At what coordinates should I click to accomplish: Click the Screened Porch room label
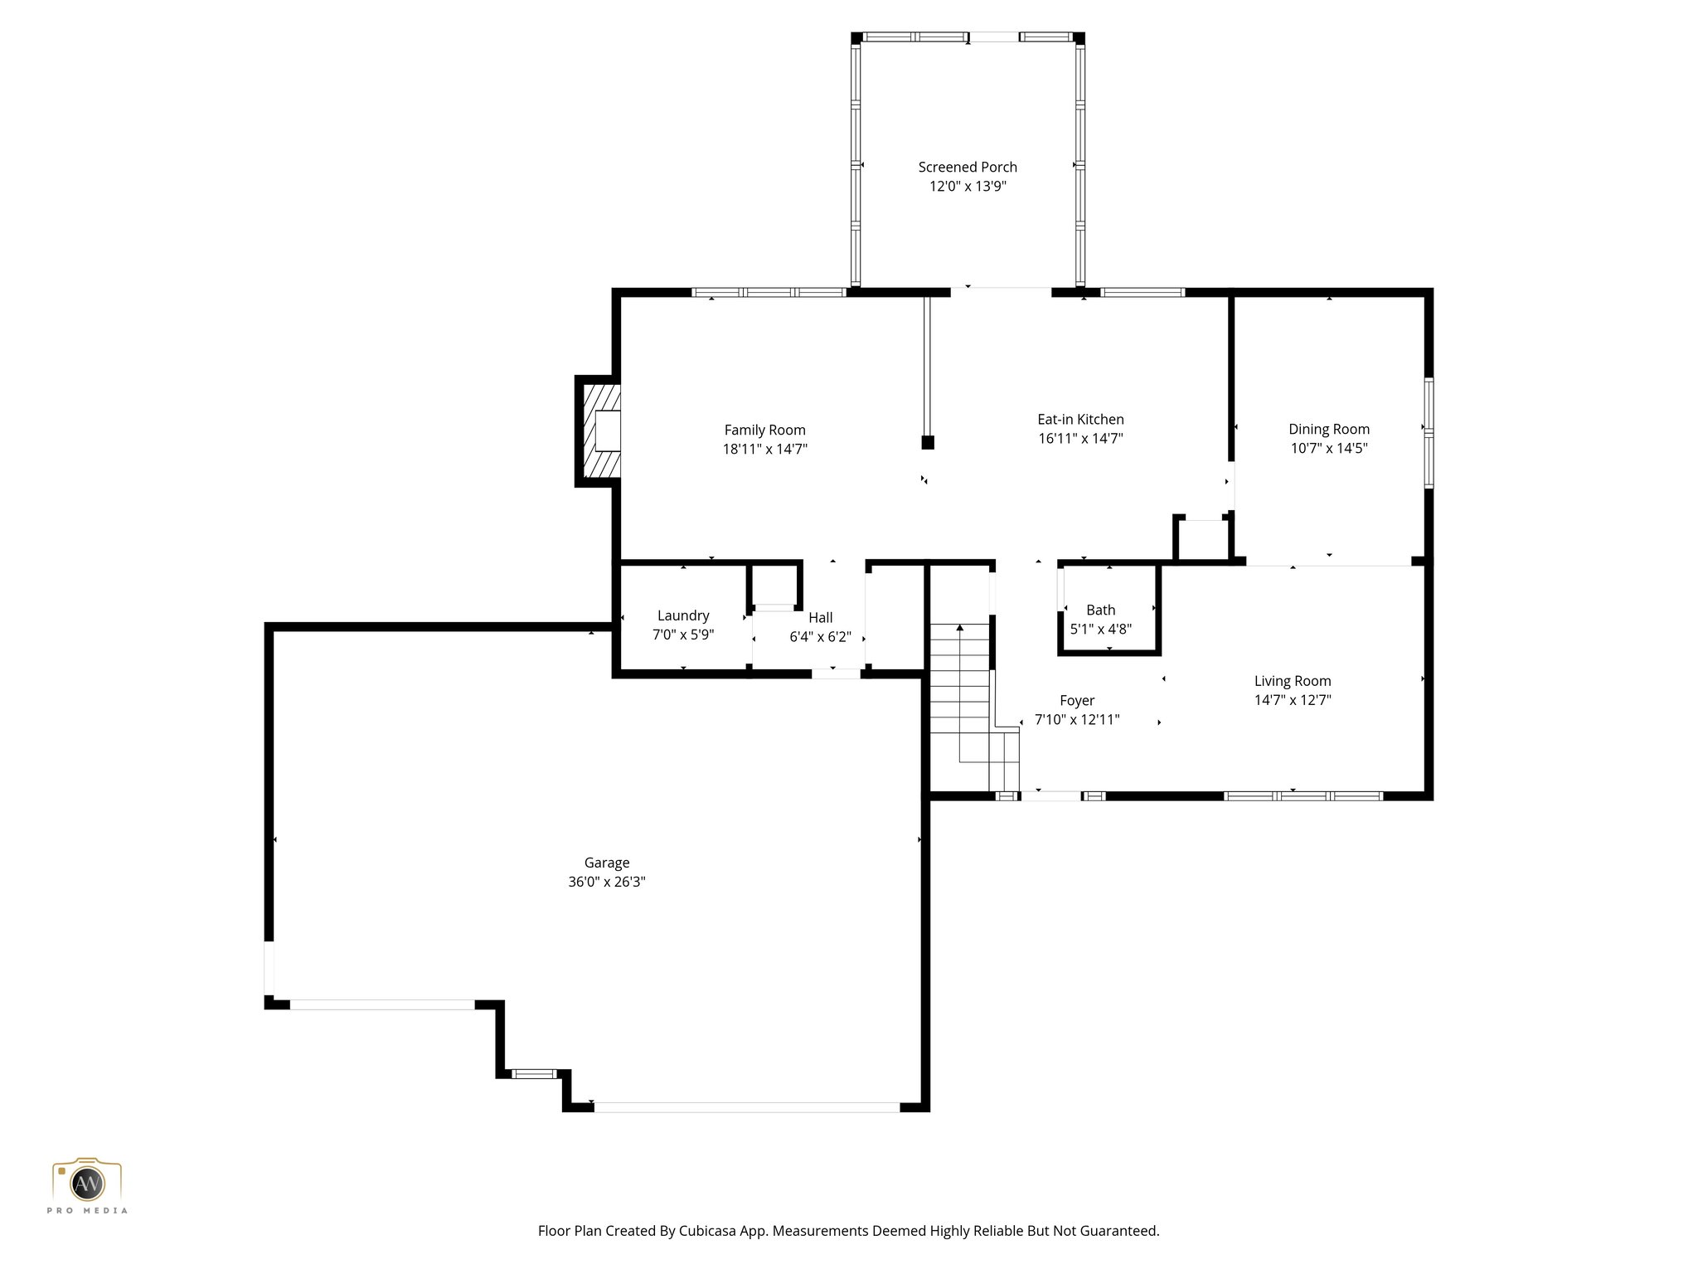click(x=967, y=167)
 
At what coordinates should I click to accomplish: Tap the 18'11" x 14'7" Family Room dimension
click(x=764, y=450)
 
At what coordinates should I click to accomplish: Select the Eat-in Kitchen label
click(x=1080, y=420)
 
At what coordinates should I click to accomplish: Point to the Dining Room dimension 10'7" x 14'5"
click(x=1328, y=449)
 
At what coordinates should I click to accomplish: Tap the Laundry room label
click(x=683, y=615)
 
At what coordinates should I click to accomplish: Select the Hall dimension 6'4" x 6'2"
click(x=820, y=637)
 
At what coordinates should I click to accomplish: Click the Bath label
click(x=1100, y=610)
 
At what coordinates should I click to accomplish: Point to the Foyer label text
click(x=1077, y=701)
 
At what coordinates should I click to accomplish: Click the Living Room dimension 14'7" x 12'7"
click(x=1292, y=700)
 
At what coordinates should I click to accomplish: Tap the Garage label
click(x=607, y=863)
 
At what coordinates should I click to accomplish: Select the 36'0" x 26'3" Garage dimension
click(x=607, y=882)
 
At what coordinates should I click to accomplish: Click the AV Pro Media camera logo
click(x=87, y=1184)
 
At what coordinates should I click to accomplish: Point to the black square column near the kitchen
click(x=928, y=443)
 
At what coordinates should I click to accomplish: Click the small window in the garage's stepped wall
click(x=534, y=1073)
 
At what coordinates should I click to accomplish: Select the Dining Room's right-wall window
click(x=1429, y=433)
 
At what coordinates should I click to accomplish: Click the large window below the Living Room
click(x=1303, y=796)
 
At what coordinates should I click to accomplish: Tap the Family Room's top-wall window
click(x=769, y=292)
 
